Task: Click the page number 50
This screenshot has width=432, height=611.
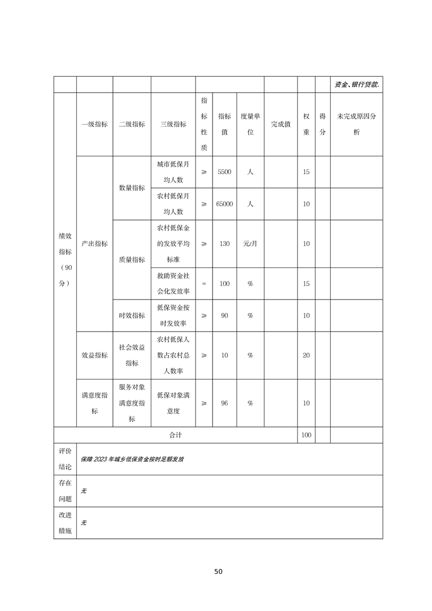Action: (218, 571)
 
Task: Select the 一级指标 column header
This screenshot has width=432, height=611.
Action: (94, 124)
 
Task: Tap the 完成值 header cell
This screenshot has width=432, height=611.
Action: (281, 124)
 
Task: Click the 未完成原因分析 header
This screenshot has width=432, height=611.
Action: (356, 124)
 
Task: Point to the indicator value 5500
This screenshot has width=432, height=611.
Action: (224, 172)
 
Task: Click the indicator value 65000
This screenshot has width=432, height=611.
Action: (224, 204)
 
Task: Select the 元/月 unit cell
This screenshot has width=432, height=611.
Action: (250, 243)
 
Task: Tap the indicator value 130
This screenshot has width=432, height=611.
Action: (224, 243)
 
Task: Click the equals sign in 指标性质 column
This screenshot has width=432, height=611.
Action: (204, 284)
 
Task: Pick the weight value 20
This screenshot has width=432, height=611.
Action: (306, 355)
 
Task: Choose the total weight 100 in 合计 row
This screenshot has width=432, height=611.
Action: (306, 435)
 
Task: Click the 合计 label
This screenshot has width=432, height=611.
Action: (175, 435)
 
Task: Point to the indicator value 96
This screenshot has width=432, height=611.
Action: (224, 404)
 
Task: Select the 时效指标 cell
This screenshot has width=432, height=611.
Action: (132, 315)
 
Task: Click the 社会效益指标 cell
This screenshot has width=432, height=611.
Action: (132, 355)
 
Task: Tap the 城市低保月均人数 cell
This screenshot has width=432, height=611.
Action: (173, 172)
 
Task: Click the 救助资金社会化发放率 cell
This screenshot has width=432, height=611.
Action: (173, 284)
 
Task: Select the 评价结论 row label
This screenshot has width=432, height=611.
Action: (65, 459)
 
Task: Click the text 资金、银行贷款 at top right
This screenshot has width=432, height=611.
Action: (357, 84)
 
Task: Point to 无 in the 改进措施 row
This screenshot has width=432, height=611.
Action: (84, 523)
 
